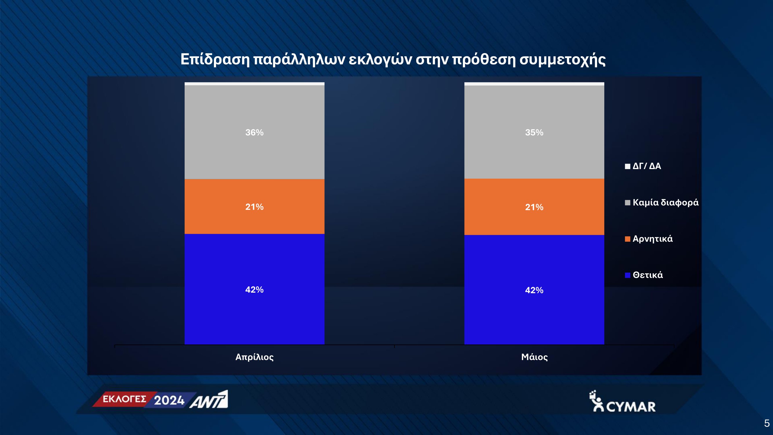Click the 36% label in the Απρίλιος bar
[x=254, y=133]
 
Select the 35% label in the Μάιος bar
[x=534, y=133]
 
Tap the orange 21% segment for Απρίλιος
[x=254, y=206]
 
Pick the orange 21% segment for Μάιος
[x=534, y=207]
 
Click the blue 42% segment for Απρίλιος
[x=254, y=289]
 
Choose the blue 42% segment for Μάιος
[x=534, y=290]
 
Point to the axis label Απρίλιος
[x=254, y=357]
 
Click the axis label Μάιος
[x=534, y=357]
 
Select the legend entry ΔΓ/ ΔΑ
[x=643, y=166]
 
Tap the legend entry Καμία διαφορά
[x=662, y=202]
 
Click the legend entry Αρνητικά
[x=649, y=239]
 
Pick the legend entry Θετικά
[x=644, y=275]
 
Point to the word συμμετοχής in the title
[x=562, y=60]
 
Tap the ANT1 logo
[x=209, y=399]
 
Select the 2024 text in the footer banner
[x=169, y=400]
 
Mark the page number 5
[x=767, y=423]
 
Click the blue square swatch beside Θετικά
[x=628, y=275]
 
